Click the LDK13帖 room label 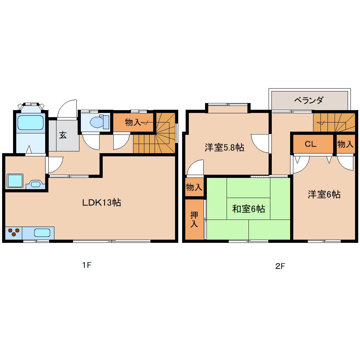pyautogui.click(x=102, y=203)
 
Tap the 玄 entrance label pyautogui.click(x=63, y=135)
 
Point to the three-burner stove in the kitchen pyautogui.click(x=14, y=232)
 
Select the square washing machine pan pyautogui.click(x=15, y=181)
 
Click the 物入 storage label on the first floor pyautogui.click(x=133, y=122)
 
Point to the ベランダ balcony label pyautogui.click(x=309, y=101)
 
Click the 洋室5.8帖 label pyautogui.click(x=224, y=147)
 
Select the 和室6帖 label pyautogui.click(x=248, y=209)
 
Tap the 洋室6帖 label pyautogui.click(x=324, y=194)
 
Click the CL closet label pyautogui.click(x=311, y=144)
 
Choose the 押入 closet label pyautogui.click(x=194, y=219)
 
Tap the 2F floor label pyautogui.click(x=280, y=266)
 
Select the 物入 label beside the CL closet pyautogui.click(x=345, y=144)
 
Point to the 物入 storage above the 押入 pyautogui.click(x=194, y=187)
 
